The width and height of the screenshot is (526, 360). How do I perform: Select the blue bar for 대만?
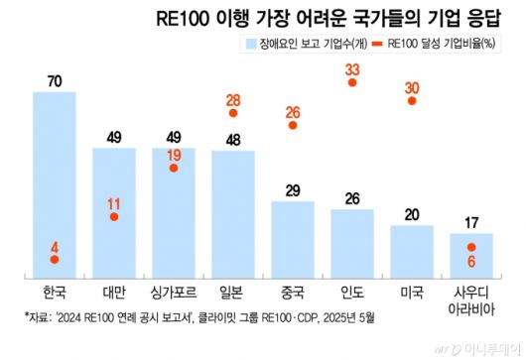tap(113, 212)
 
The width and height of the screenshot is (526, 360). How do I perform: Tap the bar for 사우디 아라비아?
tap(471, 255)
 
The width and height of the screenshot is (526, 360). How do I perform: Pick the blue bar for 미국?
tap(412, 251)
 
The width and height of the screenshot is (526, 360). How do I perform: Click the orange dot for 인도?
tap(352, 84)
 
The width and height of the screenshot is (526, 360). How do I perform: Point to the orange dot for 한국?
tap(54, 260)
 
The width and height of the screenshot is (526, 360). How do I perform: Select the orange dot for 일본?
tap(232, 113)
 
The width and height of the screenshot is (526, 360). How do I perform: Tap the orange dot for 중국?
tap(293, 126)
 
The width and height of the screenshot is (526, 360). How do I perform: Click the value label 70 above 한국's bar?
tap(54, 80)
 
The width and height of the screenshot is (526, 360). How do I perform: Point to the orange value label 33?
tap(352, 68)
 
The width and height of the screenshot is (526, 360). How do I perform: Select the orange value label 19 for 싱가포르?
tap(174, 154)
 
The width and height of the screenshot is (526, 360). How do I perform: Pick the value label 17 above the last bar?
tap(471, 222)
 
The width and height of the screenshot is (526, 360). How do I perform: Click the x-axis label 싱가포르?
tap(173, 295)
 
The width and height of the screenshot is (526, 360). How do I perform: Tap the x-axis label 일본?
tap(232, 295)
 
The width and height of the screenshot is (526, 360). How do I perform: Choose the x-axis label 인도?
tap(352, 295)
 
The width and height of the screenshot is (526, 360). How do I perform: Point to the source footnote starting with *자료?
tap(207, 319)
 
